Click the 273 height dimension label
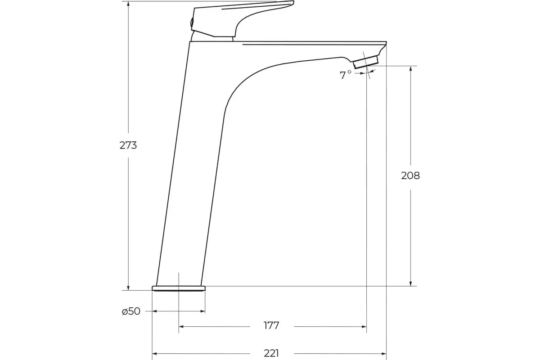point(128,145)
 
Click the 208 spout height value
point(410,175)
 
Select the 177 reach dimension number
point(271,325)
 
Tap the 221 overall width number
point(271,353)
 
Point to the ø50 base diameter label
point(131,311)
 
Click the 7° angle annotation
point(345,75)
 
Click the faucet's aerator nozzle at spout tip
point(365,63)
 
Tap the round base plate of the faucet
point(179,288)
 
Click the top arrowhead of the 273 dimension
point(128,4)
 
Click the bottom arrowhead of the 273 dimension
point(128,288)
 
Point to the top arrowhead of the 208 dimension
point(410,69)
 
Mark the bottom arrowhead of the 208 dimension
point(410,283)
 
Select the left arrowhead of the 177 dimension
point(181,327)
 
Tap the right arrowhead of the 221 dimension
point(383,353)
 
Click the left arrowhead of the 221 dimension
point(155,353)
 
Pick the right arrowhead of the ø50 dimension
point(202,311)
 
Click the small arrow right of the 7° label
point(362,73)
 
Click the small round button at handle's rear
point(191,22)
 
